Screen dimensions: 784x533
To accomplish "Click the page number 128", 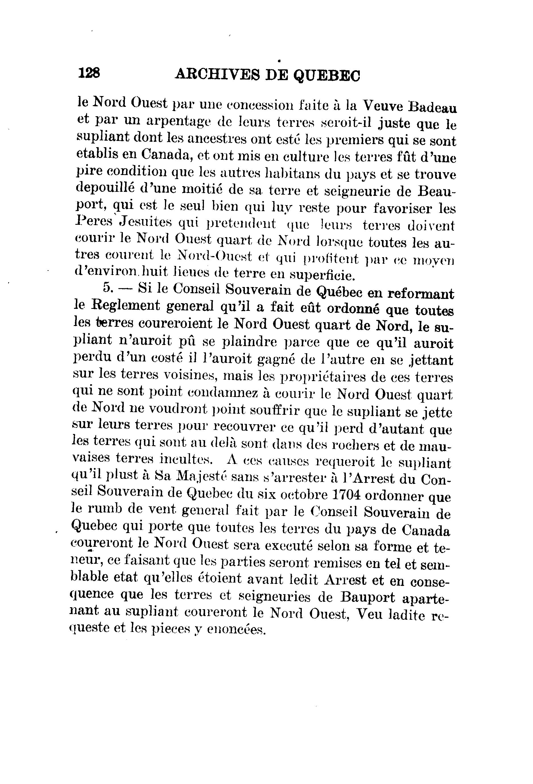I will (x=89, y=72).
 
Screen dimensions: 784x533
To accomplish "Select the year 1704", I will (x=343, y=495).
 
